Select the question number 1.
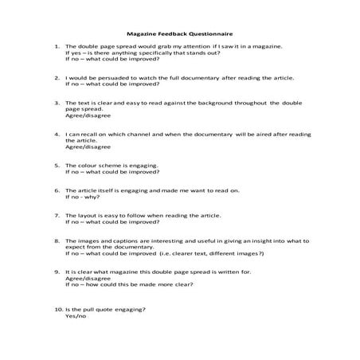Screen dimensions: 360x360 (57, 46)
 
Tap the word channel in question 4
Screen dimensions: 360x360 (139, 134)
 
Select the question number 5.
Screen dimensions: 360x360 (57, 165)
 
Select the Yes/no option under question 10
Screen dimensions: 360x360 (76, 315)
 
